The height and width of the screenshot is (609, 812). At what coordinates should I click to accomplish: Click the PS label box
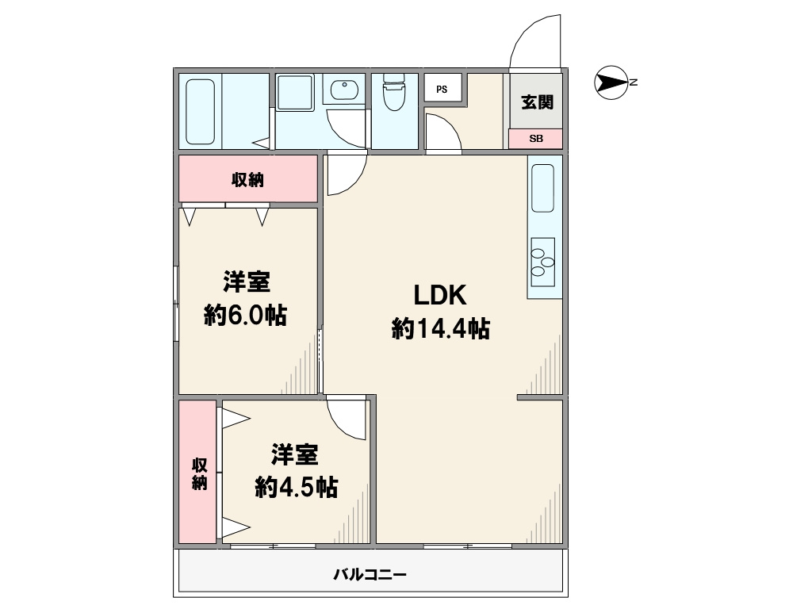pos(442,89)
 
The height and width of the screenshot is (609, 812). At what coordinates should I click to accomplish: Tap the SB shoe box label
pos(535,139)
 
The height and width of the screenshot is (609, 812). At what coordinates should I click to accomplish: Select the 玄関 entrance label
pos(537,101)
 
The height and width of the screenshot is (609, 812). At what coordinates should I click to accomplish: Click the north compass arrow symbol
pos(611,82)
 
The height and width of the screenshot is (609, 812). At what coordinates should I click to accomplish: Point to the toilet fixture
pos(394,92)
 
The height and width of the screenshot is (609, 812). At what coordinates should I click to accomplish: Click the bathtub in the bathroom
pos(200,111)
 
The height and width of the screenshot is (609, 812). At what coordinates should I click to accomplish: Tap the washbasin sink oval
pos(344,90)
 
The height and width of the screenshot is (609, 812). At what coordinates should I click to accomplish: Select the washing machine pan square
pos(295,92)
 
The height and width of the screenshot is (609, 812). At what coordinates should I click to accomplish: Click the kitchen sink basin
pos(542,188)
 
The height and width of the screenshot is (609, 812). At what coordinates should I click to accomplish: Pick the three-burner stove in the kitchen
pos(542,262)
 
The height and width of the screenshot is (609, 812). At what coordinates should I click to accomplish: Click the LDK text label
pos(439,295)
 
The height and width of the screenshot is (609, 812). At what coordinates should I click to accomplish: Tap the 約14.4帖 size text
pos(441,328)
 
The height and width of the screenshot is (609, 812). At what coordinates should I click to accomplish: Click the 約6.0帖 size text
pos(246,315)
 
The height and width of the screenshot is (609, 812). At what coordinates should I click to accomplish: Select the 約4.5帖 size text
pos(297,487)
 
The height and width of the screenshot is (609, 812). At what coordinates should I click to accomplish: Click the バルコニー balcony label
pos(370,574)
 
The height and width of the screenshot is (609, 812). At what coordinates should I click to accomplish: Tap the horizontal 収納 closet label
pos(247,180)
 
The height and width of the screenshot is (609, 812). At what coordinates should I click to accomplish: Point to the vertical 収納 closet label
pos(199,473)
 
